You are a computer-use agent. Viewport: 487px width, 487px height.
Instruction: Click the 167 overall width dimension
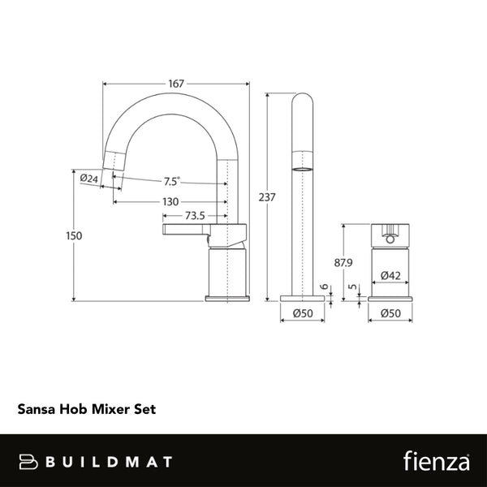[178, 84]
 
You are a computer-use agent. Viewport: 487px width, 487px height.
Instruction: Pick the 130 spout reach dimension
[170, 201]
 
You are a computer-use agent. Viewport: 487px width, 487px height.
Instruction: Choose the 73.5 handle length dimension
[194, 216]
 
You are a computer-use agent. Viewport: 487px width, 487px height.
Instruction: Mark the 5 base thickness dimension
[351, 287]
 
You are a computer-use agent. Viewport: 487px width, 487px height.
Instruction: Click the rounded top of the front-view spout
[302, 101]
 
